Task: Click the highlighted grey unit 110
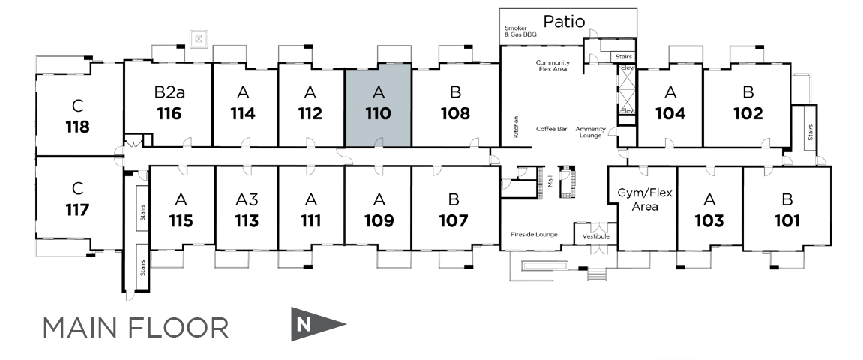[378, 105]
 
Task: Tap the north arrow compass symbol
[317, 324]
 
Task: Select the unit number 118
[77, 126]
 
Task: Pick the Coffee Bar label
[551, 129]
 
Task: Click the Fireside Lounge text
[535, 234]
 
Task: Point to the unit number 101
[787, 221]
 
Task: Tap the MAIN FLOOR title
[136, 328]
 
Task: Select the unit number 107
[454, 221]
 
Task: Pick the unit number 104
[670, 114]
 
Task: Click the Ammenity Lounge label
[591, 132]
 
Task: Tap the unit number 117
[77, 209]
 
